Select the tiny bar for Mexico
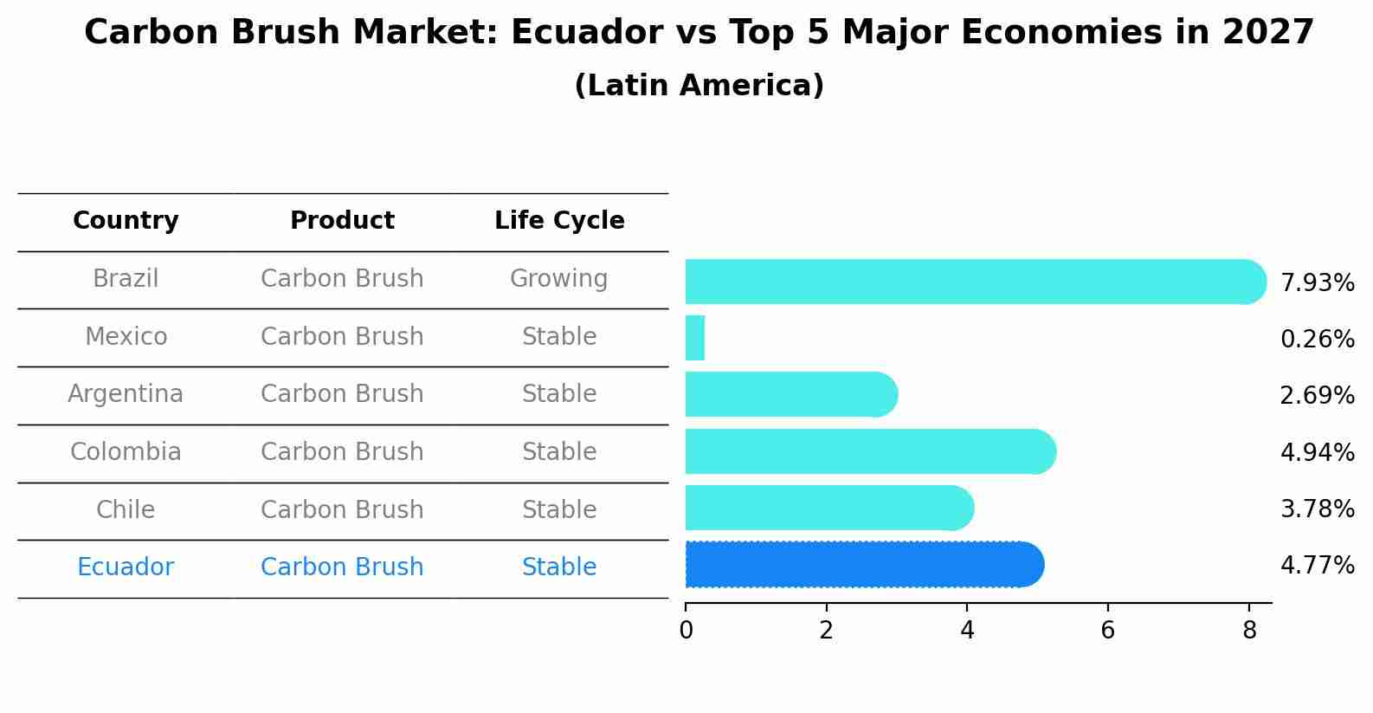pos(695,338)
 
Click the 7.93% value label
pos(1317,283)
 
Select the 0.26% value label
pos(1317,340)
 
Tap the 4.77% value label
pos(1317,566)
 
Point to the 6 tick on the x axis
pos(1107,631)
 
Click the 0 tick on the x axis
pos(686,631)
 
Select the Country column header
pos(126,221)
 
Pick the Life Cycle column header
pos(559,221)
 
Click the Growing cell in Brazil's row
pos(558,279)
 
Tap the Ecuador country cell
pos(126,567)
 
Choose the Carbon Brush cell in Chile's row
pos(342,509)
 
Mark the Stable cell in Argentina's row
pos(558,394)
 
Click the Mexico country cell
pos(126,336)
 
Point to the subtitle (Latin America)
pos(699,86)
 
